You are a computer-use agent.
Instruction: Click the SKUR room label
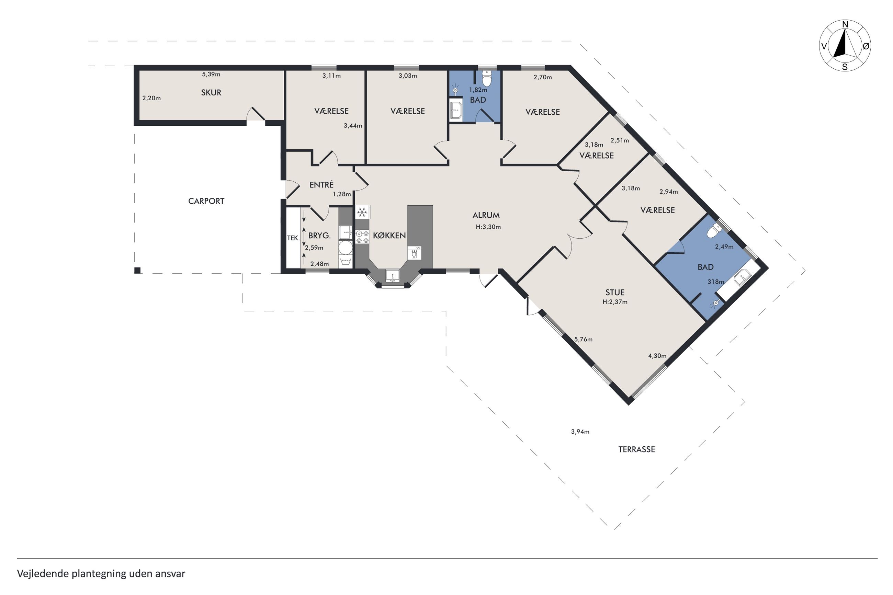coord(211,93)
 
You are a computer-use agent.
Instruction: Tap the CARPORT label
coord(206,201)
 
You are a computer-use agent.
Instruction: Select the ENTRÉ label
coord(321,184)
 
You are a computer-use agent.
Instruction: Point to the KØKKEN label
coord(389,236)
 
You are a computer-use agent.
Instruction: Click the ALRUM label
coord(486,215)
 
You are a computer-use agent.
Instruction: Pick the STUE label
coord(615,293)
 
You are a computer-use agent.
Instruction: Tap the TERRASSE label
coord(636,449)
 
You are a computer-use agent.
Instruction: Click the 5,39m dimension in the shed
coord(211,75)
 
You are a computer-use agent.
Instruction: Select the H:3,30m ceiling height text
coord(488,227)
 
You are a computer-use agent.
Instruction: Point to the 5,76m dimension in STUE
coord(583,339)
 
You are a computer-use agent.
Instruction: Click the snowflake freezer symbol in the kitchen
coord(362,212)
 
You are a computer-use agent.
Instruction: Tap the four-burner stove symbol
coord(362,237)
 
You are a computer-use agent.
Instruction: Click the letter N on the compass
coord(845,25)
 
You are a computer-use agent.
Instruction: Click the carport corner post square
coord(137,271)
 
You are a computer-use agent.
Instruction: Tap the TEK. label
coord(293,238)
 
